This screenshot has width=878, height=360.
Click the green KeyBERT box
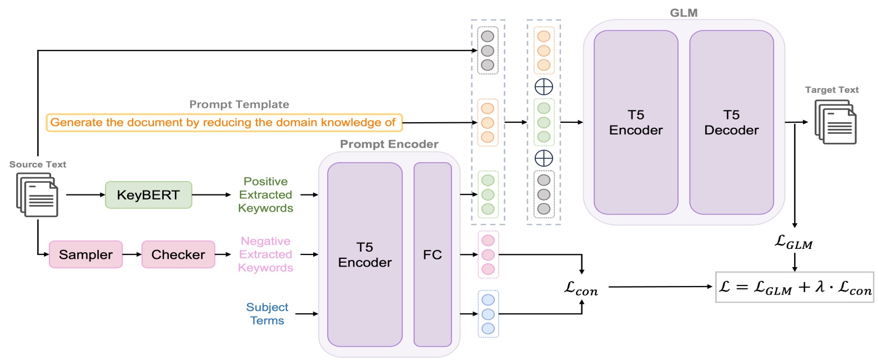pyautogui.click(x=148, y=195)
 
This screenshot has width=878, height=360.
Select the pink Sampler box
pyautogui.click(x=86, y=254)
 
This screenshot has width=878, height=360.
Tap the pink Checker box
pyautogui.click(x=178, y=254)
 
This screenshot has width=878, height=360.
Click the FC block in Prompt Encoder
pyautogui.click(x=432, y=254)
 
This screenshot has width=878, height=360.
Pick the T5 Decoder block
pyautogui.click(x=731, y=122)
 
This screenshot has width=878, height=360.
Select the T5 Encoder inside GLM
pyautogui.click(x=635, y=122)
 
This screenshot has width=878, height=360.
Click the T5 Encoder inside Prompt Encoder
pyautogui.click(x=364, y=254)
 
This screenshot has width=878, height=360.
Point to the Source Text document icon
pyautogui.click(x=37, y=194)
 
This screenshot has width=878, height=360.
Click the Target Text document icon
pyautogui.click(x=835, y=122)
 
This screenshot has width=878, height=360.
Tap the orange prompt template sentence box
pyautogui.click(x=223, y=122)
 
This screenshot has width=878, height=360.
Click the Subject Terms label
pyautogui.click(x=267, y=314)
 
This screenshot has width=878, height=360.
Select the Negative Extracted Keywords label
pyautogui.click(x=265, y=254)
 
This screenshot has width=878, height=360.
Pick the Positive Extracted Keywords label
pyautogui.click(x=265, y=195)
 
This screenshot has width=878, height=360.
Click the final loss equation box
pyautogui.click(x=794, y=287)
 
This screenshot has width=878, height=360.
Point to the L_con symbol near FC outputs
pyautogui.click(x=581, y=288)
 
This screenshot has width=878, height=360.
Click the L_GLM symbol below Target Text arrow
pyautogui.click(x=794, y=242)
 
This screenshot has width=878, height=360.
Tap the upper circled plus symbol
pyautogui.click(x=543, y=87)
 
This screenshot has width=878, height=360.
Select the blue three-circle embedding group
pyautogui.click(x=488, y=314)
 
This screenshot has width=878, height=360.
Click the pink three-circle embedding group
pyautogui.click(x=488, y=254)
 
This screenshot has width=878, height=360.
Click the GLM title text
pyautogui.click(x=683, y=13)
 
